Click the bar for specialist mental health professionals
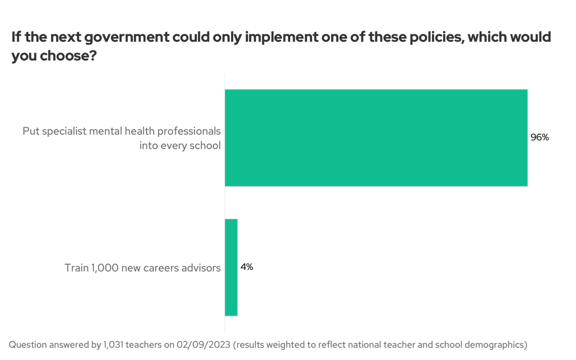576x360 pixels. tap(376, 138)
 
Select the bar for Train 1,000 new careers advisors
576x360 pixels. tap(231, 267)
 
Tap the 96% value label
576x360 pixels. tap(540, 137)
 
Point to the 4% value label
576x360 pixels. tap(247, 267)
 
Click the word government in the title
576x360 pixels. tap(127, 37)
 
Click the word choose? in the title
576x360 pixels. tap(68, 56)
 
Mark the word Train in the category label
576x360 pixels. tap(76, 268)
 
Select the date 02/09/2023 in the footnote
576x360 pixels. tap(204, 345)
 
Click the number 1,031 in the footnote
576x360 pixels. tap(113, 345)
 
